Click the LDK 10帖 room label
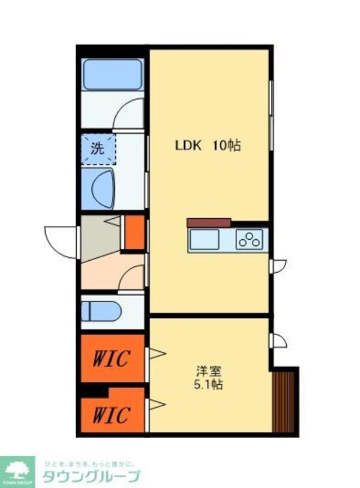tap(208, 145)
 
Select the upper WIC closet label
tap(111, 359)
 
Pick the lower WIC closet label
tap(111, 414)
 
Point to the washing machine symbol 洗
tap(97, 147)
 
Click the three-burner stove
tap(249, 240)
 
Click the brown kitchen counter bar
tap(208, 222)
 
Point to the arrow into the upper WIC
tap(157, 353)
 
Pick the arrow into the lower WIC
tap(157, 405)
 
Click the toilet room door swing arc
tap(132, 278)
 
